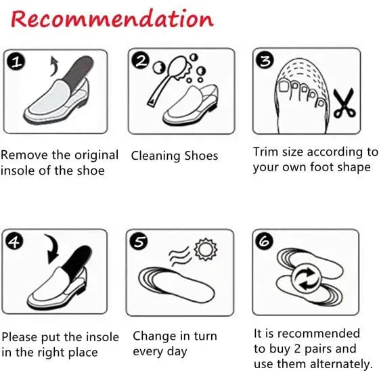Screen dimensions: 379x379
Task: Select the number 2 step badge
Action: tap(141, 62)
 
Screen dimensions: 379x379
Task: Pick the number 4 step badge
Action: tap(14, 241)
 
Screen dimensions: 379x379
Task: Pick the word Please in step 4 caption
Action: tap(20, 337)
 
